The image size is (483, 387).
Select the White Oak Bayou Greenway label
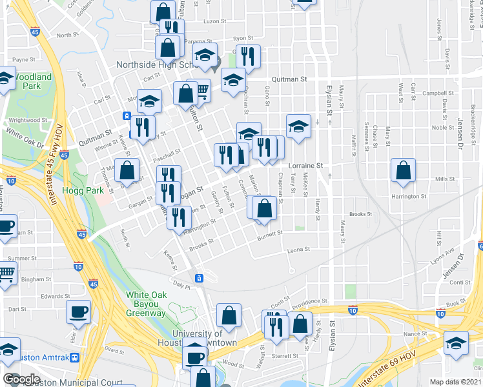pos(146,304)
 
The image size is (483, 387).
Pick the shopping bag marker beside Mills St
pos(403,172)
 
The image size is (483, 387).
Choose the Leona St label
pos(299,248)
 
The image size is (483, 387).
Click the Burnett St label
pos(270,234)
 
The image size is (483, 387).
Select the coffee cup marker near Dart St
pos(79,313)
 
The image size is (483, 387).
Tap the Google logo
pos(21,379)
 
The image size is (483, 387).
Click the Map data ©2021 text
pos(457,382)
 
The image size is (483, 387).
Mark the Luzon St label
pos(212,21)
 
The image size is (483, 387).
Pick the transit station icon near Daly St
pos(200,278)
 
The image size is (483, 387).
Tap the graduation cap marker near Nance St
pos(456,344)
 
